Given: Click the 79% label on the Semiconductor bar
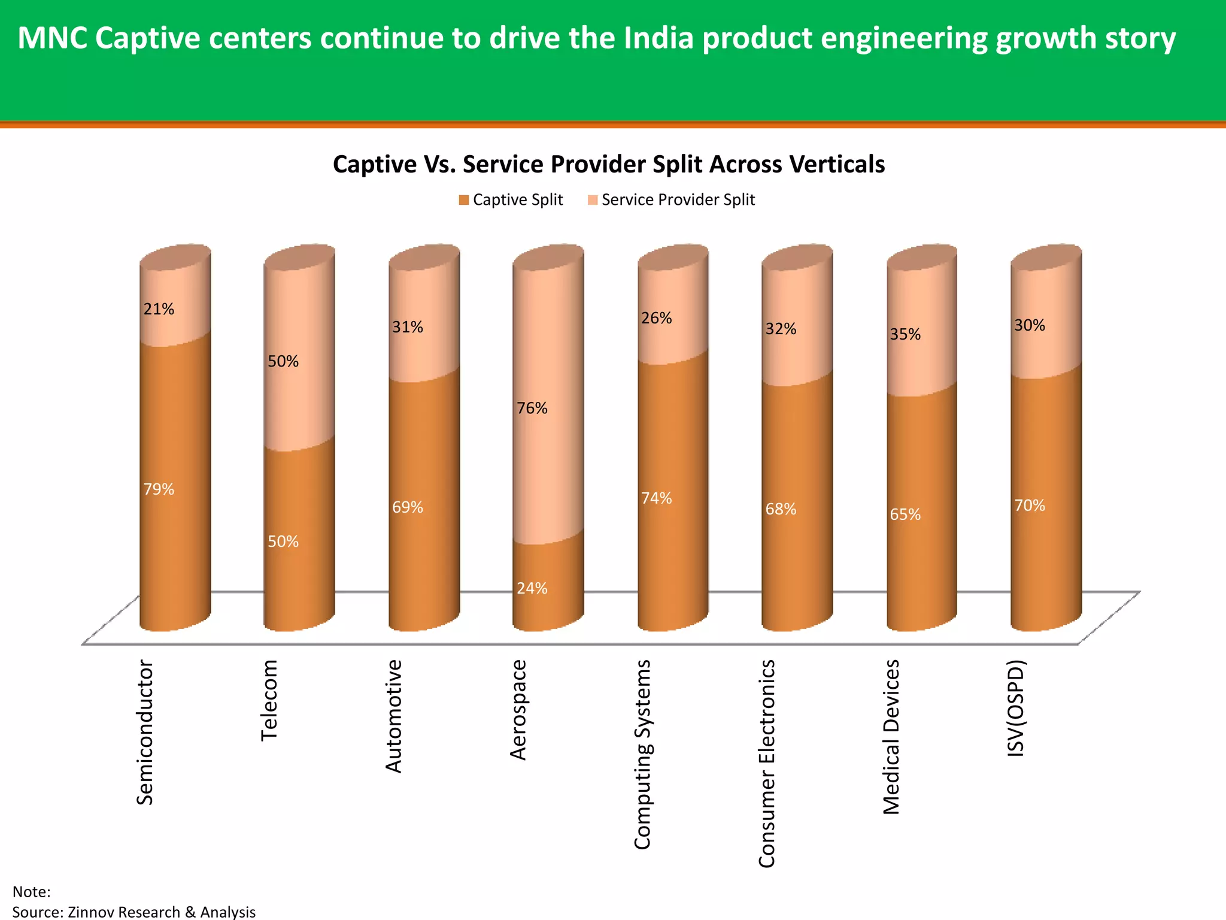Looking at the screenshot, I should pyautogui.click(x=159, y=489).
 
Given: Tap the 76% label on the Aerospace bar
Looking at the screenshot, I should pyautogui.click(x=532, y=408).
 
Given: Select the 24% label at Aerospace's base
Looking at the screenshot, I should pyautogui.click(x=532, y=588).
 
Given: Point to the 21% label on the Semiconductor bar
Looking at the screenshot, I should pyautogui.click(x=159, y=309).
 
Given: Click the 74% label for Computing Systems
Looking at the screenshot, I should pyautogui.click(x=657, y=498).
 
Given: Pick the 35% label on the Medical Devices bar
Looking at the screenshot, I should pyautogui.click(x=905, y=334).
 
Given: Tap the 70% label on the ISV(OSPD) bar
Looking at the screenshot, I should pyautogui.click(x=1030, y=506).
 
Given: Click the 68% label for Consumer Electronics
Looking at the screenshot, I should pyautogui.click(x=781, y=509).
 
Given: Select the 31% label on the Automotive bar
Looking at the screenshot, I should pyautogui.click(x=408, y=327).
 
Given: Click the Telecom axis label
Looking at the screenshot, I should pyautogui.click(x=269, y=700).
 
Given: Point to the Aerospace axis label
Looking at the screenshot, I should pyautogui.click(x=518, y=710).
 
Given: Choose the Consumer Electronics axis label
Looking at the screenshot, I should pyautogui.click(x=767, y=763).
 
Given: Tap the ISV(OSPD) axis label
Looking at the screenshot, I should pyautogui.click(x=1016, y=708).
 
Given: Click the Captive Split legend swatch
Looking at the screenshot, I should pyautogui.click(x=464, y=200).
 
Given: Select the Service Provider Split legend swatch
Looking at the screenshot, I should pyautogui.click(x=593, y=200).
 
